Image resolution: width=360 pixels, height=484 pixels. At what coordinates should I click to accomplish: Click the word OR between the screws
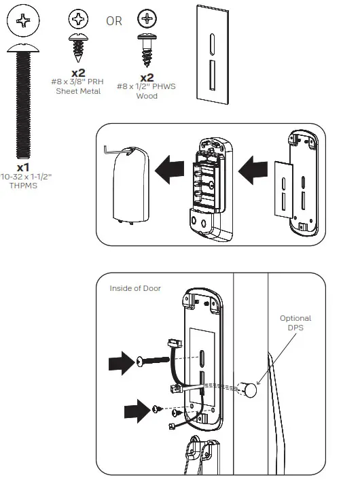(x=113, y=21)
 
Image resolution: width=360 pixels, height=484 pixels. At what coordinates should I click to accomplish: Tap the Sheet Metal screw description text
(x=77, y=87)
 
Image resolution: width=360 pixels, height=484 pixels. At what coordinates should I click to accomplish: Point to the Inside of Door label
(x=135, y=288)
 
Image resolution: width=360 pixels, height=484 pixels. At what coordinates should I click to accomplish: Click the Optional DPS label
(x=295, y=323)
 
